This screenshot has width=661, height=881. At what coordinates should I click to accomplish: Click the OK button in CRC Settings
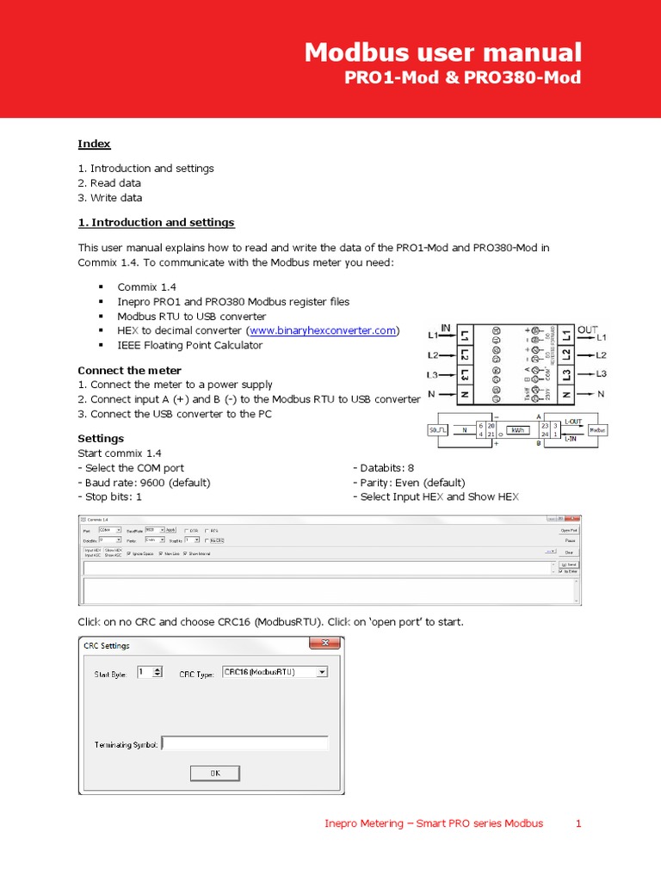coord(214,773)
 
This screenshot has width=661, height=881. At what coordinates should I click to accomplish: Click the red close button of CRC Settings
coord(325,644)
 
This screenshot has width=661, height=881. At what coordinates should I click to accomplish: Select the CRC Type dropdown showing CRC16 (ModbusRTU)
coord(275,672)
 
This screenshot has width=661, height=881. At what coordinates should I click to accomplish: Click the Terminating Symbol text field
coord(244,743)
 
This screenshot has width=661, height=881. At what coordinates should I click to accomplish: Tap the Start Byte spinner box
coord(149,673)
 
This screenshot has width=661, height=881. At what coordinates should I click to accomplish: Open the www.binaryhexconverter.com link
coord(323,330)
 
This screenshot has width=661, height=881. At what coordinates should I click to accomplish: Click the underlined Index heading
coord(94,144)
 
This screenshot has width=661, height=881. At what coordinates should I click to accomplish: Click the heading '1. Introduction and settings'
coord(156,222)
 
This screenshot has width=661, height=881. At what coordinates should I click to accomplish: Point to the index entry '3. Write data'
coord(110,197)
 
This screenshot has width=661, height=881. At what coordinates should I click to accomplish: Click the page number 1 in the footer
coord(579,823)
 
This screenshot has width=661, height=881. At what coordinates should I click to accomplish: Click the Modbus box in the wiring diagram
coord(596,429)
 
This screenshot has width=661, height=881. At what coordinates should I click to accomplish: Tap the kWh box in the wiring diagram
coord(516,429)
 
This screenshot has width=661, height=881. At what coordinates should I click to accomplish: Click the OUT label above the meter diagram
coord(587,328)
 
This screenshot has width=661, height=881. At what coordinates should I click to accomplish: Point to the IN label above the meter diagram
coord(446,328)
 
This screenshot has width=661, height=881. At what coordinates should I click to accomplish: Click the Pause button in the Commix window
coord(569,541)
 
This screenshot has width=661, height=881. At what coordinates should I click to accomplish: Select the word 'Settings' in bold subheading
coord(101,438)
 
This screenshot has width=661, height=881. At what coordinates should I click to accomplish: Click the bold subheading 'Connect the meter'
coord(129,370)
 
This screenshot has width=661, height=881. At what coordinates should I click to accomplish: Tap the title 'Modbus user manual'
coord(442,52)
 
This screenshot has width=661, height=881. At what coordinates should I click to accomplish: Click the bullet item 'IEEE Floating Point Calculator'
coord(189,345)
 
